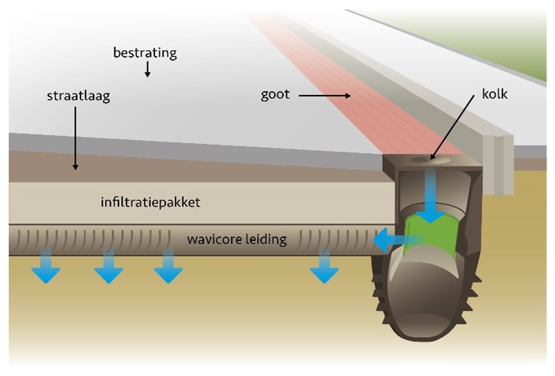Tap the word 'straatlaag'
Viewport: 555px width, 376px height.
[74, 96]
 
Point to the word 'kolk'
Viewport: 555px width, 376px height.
[494, 94]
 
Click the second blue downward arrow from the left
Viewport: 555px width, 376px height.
[108, 269]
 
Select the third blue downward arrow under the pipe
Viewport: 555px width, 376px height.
[167, 269]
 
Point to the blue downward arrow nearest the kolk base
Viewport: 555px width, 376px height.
[324, 269]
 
